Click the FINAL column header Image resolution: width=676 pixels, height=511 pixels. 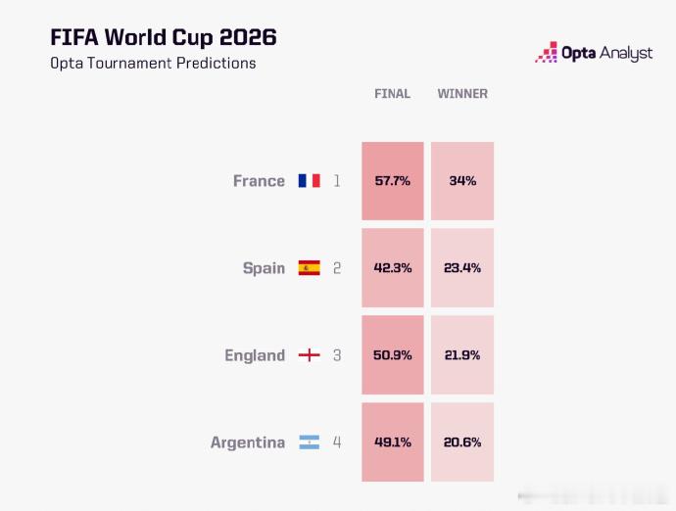392,94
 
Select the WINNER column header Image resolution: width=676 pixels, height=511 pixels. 462,94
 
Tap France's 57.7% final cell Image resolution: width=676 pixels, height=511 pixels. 393,181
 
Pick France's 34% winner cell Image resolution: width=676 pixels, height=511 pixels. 462,181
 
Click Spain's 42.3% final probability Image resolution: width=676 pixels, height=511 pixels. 393,268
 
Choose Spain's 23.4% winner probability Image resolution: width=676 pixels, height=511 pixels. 462,268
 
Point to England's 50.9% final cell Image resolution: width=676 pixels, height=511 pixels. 393,355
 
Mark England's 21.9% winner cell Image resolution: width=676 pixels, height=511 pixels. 462,355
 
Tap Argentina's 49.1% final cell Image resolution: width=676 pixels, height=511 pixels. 393,442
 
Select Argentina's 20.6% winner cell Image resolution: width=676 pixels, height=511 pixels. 462,442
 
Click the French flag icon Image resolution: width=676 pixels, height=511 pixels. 310,180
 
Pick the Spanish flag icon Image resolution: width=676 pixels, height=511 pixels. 310,267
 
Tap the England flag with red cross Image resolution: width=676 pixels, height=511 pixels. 310,355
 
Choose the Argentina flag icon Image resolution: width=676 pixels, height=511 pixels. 310,442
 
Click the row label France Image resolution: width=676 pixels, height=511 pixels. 259,181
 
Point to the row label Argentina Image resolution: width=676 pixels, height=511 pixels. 248,442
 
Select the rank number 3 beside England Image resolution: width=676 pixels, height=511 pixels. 337,355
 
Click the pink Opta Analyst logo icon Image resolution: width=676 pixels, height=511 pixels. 547,52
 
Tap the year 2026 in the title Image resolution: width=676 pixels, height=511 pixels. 248,37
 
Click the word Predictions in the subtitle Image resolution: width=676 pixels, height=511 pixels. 216,63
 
